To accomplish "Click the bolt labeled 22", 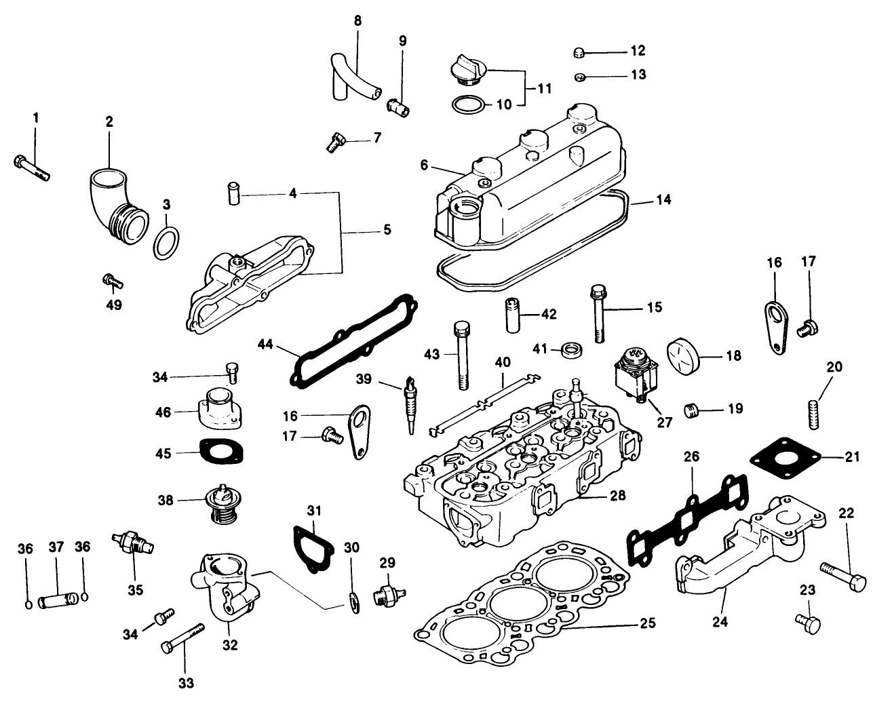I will [844, 575].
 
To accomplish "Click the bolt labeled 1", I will [31, 168].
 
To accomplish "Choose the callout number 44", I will [267, 345].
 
